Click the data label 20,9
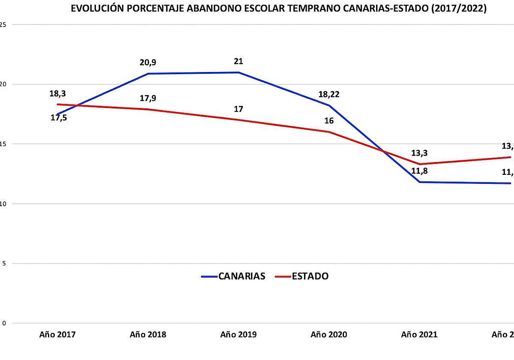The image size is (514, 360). (148, 63)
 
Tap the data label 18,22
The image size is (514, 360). (329, 95)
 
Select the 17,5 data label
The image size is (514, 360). (59, 117)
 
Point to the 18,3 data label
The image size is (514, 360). (58, 93)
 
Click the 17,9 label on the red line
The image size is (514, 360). (148, 98)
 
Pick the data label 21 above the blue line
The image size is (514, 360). (239, 61)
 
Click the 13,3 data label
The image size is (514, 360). (420, 153)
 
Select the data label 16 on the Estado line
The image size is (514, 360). (329, 121)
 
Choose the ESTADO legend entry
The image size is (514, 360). (310, 276)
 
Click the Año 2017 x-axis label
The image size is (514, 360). (57, 335)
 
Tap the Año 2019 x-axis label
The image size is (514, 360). (239, 335)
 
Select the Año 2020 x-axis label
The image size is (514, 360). (329, 335)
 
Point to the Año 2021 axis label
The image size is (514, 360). (419, 335)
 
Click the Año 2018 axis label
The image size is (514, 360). (148, 335)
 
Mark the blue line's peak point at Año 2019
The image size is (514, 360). (239, 72)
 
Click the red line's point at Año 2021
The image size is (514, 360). (419, 164)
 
